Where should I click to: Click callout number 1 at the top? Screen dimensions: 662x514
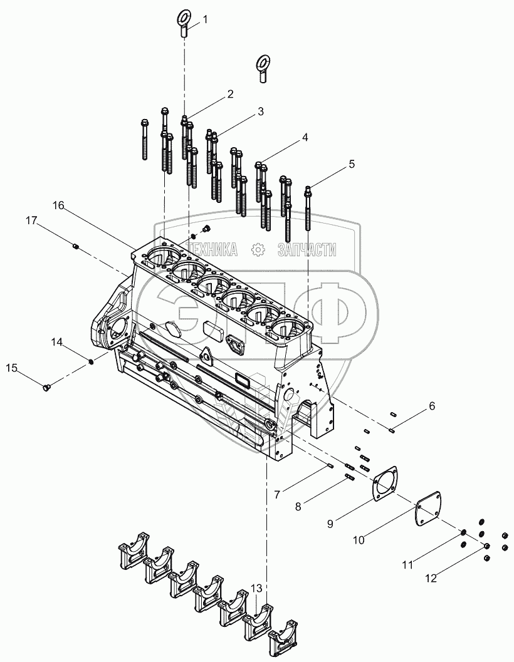click(205, 19)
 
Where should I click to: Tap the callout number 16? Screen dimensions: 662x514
click(58, 205)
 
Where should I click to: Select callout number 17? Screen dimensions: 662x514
click(31, 220)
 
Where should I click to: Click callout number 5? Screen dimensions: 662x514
click(352, 164)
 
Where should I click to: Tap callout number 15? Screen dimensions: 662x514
click(12, 368)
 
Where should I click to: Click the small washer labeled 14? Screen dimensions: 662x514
click(92, 361)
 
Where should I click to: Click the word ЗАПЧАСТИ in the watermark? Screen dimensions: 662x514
click(307, 250)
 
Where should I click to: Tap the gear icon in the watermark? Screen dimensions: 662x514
click(257, 250)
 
